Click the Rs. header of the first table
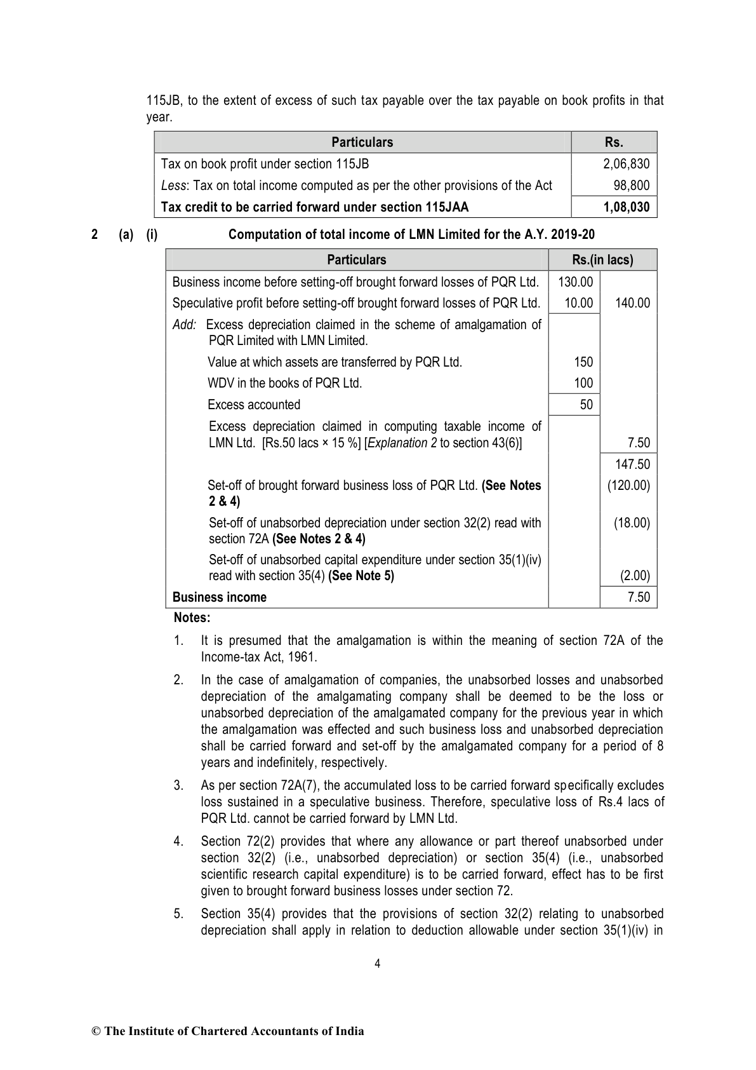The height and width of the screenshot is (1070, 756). [x=614, y=142]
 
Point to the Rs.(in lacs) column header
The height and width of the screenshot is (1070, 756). [x=602, y=260]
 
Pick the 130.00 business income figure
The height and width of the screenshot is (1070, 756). [x=575, y=281]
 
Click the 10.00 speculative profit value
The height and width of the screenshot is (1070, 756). [x=578, y=303]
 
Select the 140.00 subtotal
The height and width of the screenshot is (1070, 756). [x=633, y=303]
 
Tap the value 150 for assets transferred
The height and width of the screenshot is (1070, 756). [x=583, y=362]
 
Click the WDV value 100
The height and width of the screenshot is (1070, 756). [x=583, y=383]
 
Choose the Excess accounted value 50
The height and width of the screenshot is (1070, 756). [x=586, y=405]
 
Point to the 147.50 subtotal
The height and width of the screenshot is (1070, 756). [x=633, y=464]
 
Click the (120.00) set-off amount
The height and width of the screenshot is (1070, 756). [x=628, y=486]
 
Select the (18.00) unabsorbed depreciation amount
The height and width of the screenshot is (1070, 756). [x=632, y=523]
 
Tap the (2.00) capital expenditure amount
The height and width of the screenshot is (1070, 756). [x=635, y=576]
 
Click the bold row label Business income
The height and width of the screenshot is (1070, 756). [x=220, y=597]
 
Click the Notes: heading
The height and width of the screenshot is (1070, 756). [x=192, y=618]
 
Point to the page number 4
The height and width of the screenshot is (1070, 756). [x=378, y=964]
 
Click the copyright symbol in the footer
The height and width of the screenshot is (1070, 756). [x=96, y=1031]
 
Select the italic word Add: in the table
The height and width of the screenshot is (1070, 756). [x=185, y=325]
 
